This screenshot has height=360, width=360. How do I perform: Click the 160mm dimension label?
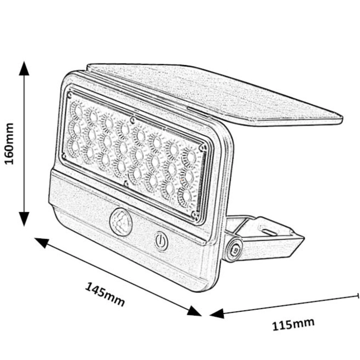pyautogui.click(x=9, y=144)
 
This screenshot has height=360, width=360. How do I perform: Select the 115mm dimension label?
pyautogui.click(x=293, y=324)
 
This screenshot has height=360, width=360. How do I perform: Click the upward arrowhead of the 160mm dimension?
pyautogui.click(x=24, y=68)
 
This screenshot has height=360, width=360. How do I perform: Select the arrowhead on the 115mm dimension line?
pyautogui.click(x=217, y=313)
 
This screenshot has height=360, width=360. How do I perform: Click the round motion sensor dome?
pyautogui.click(x=121, y=222)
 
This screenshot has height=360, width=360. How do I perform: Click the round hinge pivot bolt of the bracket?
pyautogui.click(x=234, y=250)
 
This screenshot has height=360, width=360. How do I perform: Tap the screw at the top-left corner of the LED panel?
pyautogui.click(x=70, y=94)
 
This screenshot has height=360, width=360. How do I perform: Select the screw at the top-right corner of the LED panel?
pyautogui.click(x=202, y=148)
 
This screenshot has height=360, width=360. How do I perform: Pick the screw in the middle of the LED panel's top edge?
pyautogui.click(x=132, y=120)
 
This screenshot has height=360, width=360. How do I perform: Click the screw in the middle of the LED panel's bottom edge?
pyautogui.click(x=126, y=184)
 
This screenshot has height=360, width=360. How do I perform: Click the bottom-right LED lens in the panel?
pyautogui.click(x=185, y=197)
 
